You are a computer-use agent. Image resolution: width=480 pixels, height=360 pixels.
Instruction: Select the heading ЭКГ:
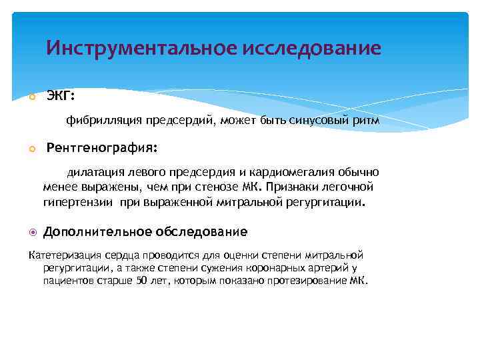[61, 96]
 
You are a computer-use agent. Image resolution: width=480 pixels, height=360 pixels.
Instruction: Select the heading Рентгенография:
[102, 146]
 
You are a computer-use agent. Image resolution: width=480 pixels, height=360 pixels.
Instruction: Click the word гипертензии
[79, 201]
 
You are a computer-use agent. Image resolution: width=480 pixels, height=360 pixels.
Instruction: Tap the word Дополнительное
[97, 232]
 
